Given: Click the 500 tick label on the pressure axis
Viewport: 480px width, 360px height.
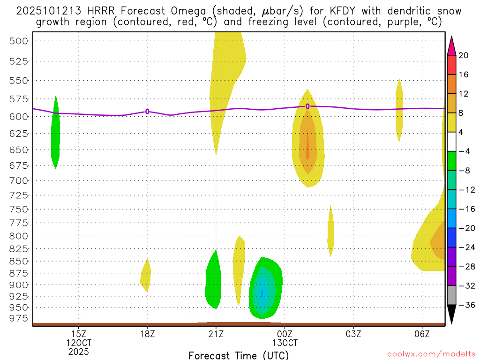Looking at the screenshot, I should pos(19,41).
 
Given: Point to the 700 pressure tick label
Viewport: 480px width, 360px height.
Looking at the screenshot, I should pos(19,180).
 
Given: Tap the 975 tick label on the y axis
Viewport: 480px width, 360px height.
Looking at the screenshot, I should pos(19,318).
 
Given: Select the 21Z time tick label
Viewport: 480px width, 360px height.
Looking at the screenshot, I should pos(216,334).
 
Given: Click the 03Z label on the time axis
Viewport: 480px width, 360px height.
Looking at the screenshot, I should pos(353,334).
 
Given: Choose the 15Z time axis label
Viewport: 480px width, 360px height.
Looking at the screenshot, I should pos(78,334).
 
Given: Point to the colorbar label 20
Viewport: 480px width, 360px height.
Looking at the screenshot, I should pos(464,55).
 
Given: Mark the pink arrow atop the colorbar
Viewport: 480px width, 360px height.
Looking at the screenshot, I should pos(451,45).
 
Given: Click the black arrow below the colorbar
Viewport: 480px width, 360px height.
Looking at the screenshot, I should pos(451,315).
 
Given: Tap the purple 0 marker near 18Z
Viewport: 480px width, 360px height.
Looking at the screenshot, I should pos(147,112).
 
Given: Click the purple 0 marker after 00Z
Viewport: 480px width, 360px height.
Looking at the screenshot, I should pos(307,106).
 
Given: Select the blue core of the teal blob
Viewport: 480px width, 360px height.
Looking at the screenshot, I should pos(262,292).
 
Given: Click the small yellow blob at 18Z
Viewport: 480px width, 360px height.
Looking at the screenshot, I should pos(146,275).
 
